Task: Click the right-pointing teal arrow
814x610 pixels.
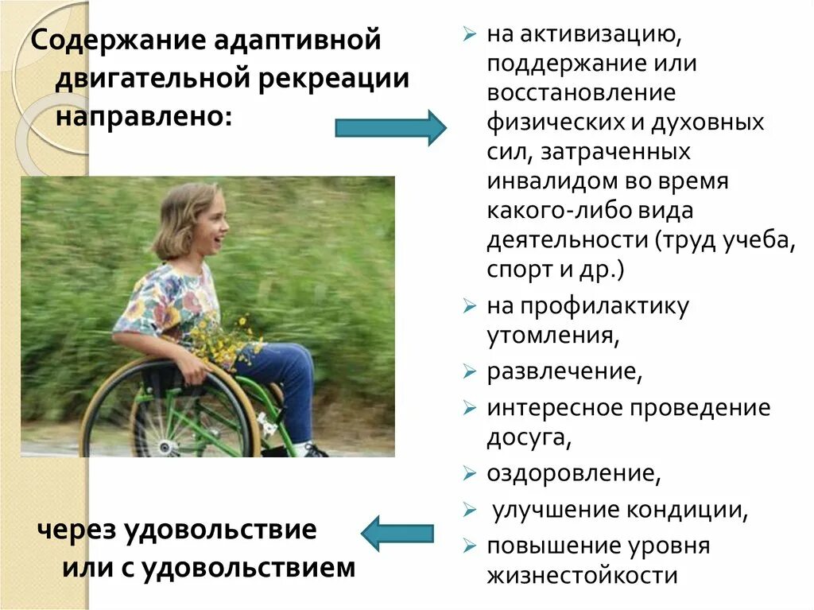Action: (390, 127)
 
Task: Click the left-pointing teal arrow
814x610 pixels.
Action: (397, 533)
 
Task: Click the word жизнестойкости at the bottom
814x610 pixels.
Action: (582, 575)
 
